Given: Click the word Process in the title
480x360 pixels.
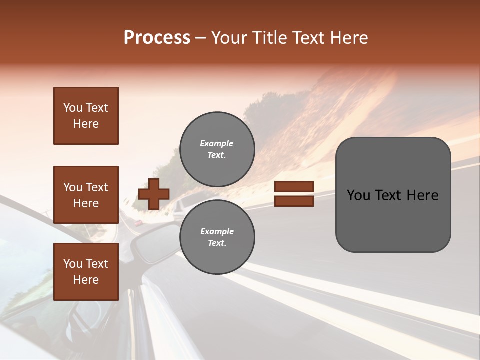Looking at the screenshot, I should pos(157,38).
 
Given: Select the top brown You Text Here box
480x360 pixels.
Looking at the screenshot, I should pos(86,116).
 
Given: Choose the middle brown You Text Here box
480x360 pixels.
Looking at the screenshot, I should pos(86,195).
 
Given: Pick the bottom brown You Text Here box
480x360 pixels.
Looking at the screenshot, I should pos(86,272).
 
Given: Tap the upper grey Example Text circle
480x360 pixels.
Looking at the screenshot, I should pos(217,149).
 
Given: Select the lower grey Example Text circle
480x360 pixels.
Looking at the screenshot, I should pos(217,237).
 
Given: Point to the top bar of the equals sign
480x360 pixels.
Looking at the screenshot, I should pos(294,187).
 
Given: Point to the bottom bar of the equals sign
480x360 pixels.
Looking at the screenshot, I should pos(294,201).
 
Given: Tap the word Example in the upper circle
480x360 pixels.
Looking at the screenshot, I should pos(217,143).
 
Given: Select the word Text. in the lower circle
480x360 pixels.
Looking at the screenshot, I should pos(217,243).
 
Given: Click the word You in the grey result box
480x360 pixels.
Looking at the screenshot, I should pos(358,195).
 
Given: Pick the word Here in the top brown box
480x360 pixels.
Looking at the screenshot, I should pos(86,124).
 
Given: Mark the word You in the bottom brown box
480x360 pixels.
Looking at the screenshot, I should pos(73,264).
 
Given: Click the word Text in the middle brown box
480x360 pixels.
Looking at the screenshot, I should pos(97,187).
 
